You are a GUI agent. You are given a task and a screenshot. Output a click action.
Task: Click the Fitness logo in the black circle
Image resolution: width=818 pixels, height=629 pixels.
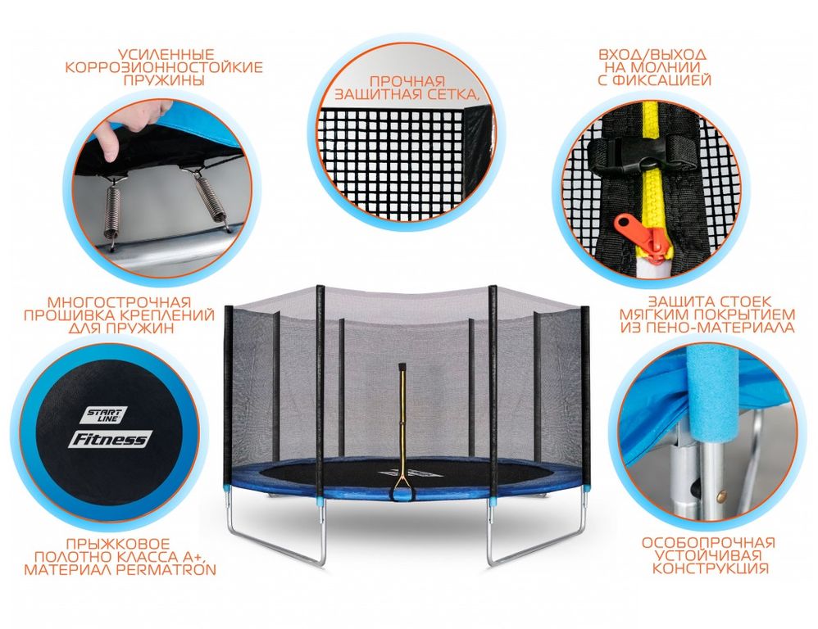(110, 438)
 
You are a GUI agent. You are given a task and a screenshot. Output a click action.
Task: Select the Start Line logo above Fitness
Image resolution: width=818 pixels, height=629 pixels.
(104, 414)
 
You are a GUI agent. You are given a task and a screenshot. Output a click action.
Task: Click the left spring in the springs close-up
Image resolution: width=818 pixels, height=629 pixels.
(111, 208)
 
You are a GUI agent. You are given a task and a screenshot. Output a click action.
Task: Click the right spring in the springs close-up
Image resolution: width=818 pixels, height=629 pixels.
(211, 200)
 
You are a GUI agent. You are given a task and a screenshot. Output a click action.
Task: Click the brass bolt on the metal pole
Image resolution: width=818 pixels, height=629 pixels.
(722, 495)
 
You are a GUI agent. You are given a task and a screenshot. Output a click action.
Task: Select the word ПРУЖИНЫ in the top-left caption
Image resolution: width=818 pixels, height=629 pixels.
(164, 81)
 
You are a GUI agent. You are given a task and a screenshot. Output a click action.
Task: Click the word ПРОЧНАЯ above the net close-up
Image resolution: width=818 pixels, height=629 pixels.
(407, 81)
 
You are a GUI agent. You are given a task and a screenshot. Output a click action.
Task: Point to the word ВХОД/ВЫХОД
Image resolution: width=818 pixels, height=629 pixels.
(652, 55)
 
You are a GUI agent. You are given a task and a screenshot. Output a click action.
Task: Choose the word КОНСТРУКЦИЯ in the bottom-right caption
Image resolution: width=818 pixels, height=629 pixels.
(711, 568)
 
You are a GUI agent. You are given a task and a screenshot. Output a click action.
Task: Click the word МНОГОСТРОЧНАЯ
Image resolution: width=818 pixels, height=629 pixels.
(119, 302)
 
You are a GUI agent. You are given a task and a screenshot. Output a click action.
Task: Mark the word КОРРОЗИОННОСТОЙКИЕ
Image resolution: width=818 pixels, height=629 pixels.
(164, 68)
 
